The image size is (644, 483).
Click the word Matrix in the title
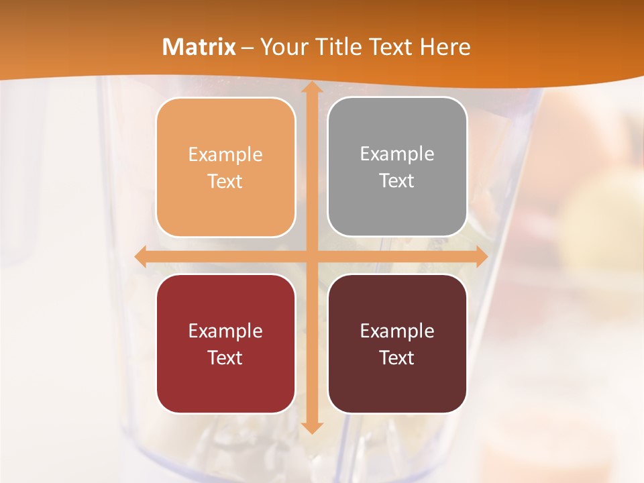point(199,47)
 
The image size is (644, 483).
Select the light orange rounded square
point(225,167)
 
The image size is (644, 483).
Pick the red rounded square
point(225,343)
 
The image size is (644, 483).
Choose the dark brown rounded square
point(397,343)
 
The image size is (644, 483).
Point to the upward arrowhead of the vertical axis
point(311,88)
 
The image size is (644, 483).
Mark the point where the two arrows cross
point(311,256)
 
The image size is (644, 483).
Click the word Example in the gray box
point(397,154)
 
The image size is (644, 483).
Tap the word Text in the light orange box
point(225,181)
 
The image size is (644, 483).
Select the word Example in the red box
point(225,331)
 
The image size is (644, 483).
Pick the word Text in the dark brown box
point(397,358)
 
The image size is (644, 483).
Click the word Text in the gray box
point(397,180)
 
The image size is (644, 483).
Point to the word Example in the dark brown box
point(397,331)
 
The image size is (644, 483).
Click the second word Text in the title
point(392,47)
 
